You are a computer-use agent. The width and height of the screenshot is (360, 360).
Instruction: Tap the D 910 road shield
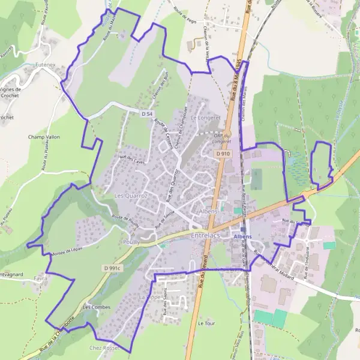223,154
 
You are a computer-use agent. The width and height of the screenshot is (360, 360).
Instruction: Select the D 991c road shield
112,268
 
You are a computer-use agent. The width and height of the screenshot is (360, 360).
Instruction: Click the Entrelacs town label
208,237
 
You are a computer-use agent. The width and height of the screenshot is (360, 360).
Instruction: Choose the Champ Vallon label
44,137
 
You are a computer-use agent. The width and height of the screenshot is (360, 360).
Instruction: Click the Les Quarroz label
131,196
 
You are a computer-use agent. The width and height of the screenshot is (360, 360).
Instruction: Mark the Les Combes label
97,307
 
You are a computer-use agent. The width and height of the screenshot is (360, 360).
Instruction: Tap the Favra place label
41,279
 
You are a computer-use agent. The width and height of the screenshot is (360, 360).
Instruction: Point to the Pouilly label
130,241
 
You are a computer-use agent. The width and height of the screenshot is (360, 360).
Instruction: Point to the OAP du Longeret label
222,139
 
